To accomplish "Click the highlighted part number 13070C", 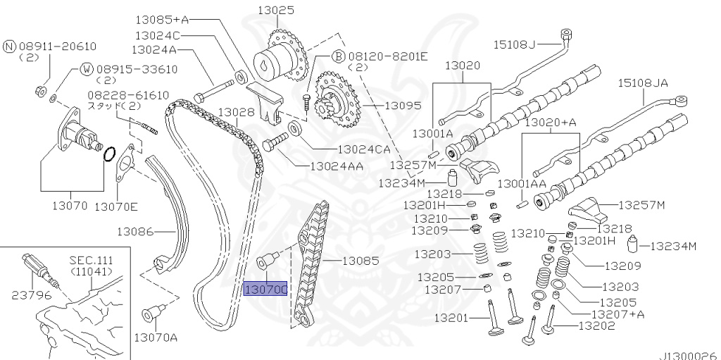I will (265, 289).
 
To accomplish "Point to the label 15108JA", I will (642, 83).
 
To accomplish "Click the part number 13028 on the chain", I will (236, 112).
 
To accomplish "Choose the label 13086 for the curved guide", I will (136, 230).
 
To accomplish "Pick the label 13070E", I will (116, 206).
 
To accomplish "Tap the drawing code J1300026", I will (687, 354).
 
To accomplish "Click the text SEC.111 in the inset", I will (91, 259).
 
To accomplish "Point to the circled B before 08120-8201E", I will (318, 56).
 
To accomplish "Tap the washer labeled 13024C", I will (239, 73).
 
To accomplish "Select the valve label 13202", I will (596, 325).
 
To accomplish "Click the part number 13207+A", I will (617, 314).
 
